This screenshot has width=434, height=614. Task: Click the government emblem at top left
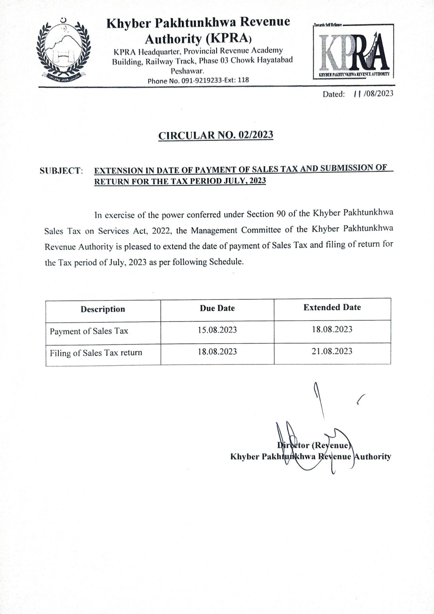point(63,50)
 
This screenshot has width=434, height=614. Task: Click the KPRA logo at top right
point(353,51)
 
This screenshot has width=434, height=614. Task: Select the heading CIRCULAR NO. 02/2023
point(216,135)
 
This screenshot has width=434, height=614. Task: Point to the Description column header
point(103,309)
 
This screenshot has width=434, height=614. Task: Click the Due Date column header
point(217,308)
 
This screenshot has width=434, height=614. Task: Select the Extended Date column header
point(332,307)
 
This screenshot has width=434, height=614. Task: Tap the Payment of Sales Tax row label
point(89,331)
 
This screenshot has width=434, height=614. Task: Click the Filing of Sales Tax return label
point(96,353)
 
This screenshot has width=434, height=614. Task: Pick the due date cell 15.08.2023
point(217,330)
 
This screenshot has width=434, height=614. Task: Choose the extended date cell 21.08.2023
point(332,351)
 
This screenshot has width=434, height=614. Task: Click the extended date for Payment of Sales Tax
point(332,329)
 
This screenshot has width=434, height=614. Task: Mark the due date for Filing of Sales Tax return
point(217,352)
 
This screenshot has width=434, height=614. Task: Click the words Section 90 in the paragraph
point(265,214)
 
